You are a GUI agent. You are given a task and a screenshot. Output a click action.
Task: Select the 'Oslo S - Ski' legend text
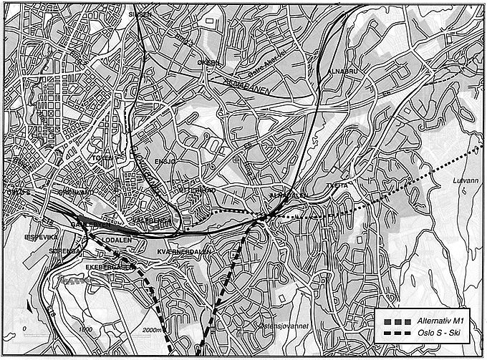pos(437,334)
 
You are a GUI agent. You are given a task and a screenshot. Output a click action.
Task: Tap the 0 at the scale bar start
pos(25,329)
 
